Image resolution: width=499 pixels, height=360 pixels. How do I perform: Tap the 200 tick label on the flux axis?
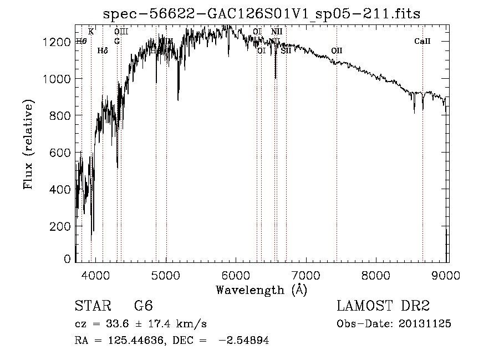61,227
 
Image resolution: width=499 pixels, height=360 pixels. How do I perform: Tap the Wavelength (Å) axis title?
261,290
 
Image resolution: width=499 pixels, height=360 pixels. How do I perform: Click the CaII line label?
422,42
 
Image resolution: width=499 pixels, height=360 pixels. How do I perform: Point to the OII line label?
337,50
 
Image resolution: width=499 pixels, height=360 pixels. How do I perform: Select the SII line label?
286,50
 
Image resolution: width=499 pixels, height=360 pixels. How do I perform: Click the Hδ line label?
102,50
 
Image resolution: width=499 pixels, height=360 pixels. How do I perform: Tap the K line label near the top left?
91,32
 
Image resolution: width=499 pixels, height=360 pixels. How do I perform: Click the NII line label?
277,32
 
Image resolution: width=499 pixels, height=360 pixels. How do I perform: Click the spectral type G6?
143,306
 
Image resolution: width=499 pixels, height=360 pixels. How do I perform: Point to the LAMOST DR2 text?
383,306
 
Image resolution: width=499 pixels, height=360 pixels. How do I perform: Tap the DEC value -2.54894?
243,341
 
